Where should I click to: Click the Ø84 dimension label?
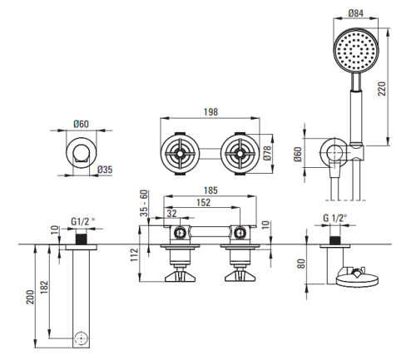(356, 13)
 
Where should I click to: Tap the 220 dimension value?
(382, 89)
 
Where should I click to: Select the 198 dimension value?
(210, 112)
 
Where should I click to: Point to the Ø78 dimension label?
(267, 153)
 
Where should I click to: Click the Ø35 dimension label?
(105, 170)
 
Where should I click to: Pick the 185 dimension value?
(210, 190)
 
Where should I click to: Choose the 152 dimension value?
(204, 202)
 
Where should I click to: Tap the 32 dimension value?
(171, 214)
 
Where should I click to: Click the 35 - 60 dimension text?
(144, 203)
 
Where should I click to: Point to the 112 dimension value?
(135, 254)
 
